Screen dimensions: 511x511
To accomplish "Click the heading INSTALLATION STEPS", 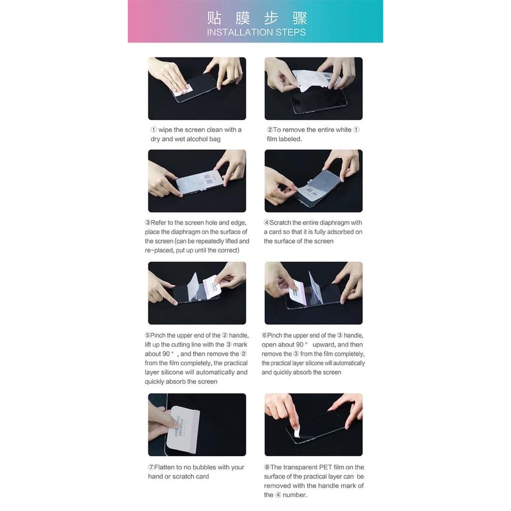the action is point(256,32).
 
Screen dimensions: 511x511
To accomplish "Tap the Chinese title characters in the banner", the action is point(257,18).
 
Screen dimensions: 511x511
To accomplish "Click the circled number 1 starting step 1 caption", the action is point(154,129).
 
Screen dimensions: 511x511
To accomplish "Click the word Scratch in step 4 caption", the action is point(281,222).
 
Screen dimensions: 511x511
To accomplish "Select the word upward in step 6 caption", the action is point(323,344).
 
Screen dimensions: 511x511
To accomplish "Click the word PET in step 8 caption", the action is point(325,467).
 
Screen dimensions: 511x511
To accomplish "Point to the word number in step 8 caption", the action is point(294,494).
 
